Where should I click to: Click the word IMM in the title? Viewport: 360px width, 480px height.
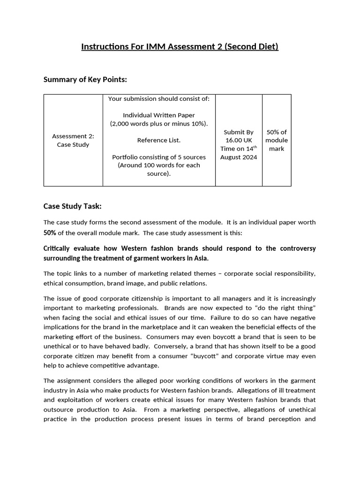(136, 47)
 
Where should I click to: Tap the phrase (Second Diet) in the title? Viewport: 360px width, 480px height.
(251, 47)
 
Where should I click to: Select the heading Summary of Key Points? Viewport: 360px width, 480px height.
(85, 79)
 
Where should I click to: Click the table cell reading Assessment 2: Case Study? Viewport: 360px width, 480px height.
(73, 140)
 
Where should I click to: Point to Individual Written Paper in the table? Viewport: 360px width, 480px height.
(159, 115)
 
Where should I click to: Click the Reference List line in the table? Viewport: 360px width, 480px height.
(159, 140)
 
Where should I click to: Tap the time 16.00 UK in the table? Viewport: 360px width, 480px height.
(239, 140)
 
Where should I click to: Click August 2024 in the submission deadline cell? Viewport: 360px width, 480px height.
(239, 157)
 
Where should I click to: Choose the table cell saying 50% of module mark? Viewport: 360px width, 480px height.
(277, 140)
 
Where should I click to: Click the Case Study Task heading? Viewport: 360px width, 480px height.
(72, 206)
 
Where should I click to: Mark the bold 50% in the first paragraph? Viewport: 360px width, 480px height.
(50, 232)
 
